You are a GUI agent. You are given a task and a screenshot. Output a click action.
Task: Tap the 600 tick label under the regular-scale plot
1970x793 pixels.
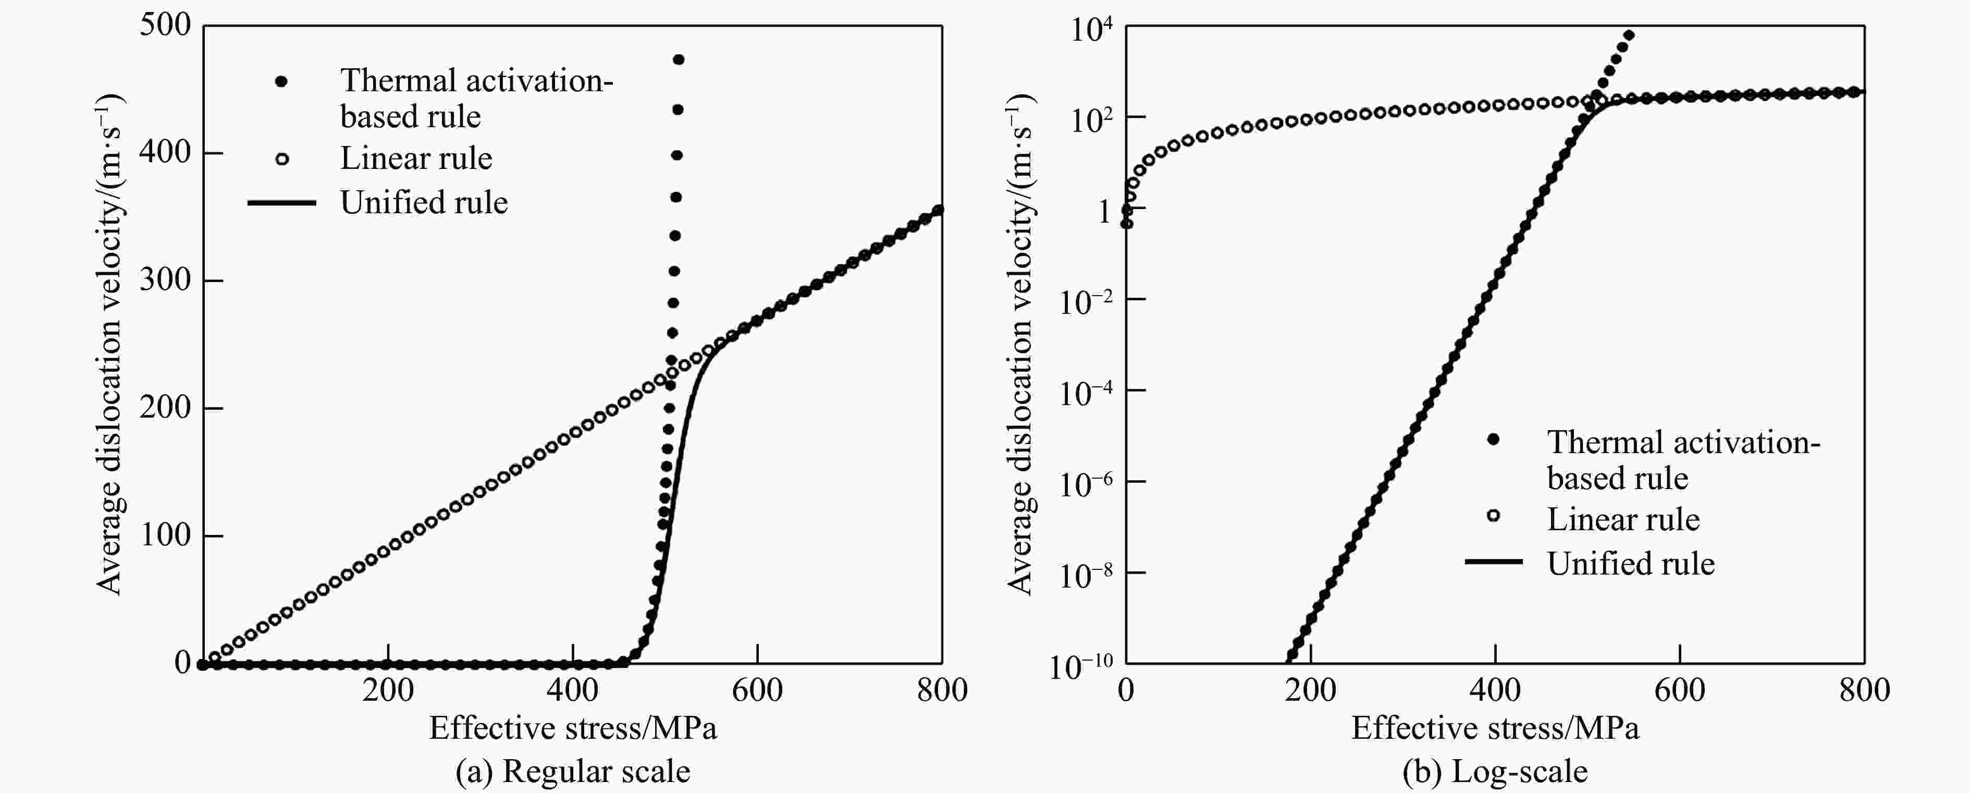tap(757, 690)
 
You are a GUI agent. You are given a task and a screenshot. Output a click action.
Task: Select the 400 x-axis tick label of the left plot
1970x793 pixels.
tap(572, 690)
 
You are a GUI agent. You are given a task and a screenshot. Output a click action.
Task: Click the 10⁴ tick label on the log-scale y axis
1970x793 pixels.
tap(1090, 30)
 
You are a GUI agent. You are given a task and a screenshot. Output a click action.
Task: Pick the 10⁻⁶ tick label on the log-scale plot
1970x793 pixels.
tap(1085, 483)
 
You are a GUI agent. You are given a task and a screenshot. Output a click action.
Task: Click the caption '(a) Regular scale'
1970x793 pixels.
tap(573, 772)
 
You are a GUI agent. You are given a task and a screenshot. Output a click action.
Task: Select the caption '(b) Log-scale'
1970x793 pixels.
tap(1495, 772)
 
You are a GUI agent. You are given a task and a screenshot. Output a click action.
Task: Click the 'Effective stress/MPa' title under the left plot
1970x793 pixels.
tap(573, 728)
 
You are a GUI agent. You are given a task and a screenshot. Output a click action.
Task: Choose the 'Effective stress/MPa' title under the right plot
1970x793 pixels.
tap(1495, 728)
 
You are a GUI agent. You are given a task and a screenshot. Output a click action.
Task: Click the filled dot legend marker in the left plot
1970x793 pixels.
tap(281, 81)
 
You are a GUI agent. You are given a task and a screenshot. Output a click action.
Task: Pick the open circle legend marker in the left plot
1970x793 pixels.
tap(281, 159)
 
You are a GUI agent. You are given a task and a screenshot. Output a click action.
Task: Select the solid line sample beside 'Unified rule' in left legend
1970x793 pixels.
tap(281, 203)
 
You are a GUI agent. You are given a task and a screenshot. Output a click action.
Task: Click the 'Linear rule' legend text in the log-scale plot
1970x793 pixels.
tap(1623, 520)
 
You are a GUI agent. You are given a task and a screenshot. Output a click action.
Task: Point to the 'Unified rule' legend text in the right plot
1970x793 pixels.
tap(1630, 564)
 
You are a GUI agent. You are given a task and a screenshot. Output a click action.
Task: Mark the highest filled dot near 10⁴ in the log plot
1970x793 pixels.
tap(1629, 35)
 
